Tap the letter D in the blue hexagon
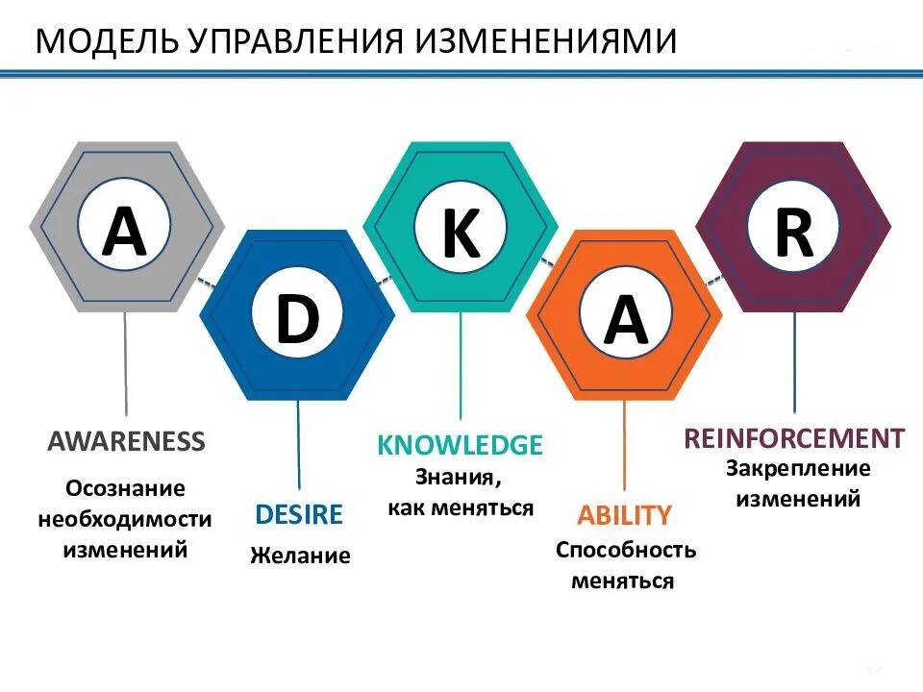pyautogui.click(x=296, y=321)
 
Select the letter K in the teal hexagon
pyautogui.click(x=461, y=235)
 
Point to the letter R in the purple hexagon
pyautogui.click(x=793, y=233)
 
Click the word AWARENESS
pyautogui.click(x=126, y=441)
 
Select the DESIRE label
pyautogui.click(x=298, y=514)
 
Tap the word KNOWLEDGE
pyautogui.click(x=460, y=445)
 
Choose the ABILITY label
pyautogui.click(x=624, y=515)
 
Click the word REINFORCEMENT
pyautogui.click(x=793, y=438)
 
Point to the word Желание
pyautogui.click(x=300, y=556)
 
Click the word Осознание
pyautogui.click(x=125, y=488)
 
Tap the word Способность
pyautogui.click(x=625, y=551)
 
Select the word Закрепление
pyautogui.click(x=797, y=469)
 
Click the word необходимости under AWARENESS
pyautogui.click(x=125, y=519)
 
